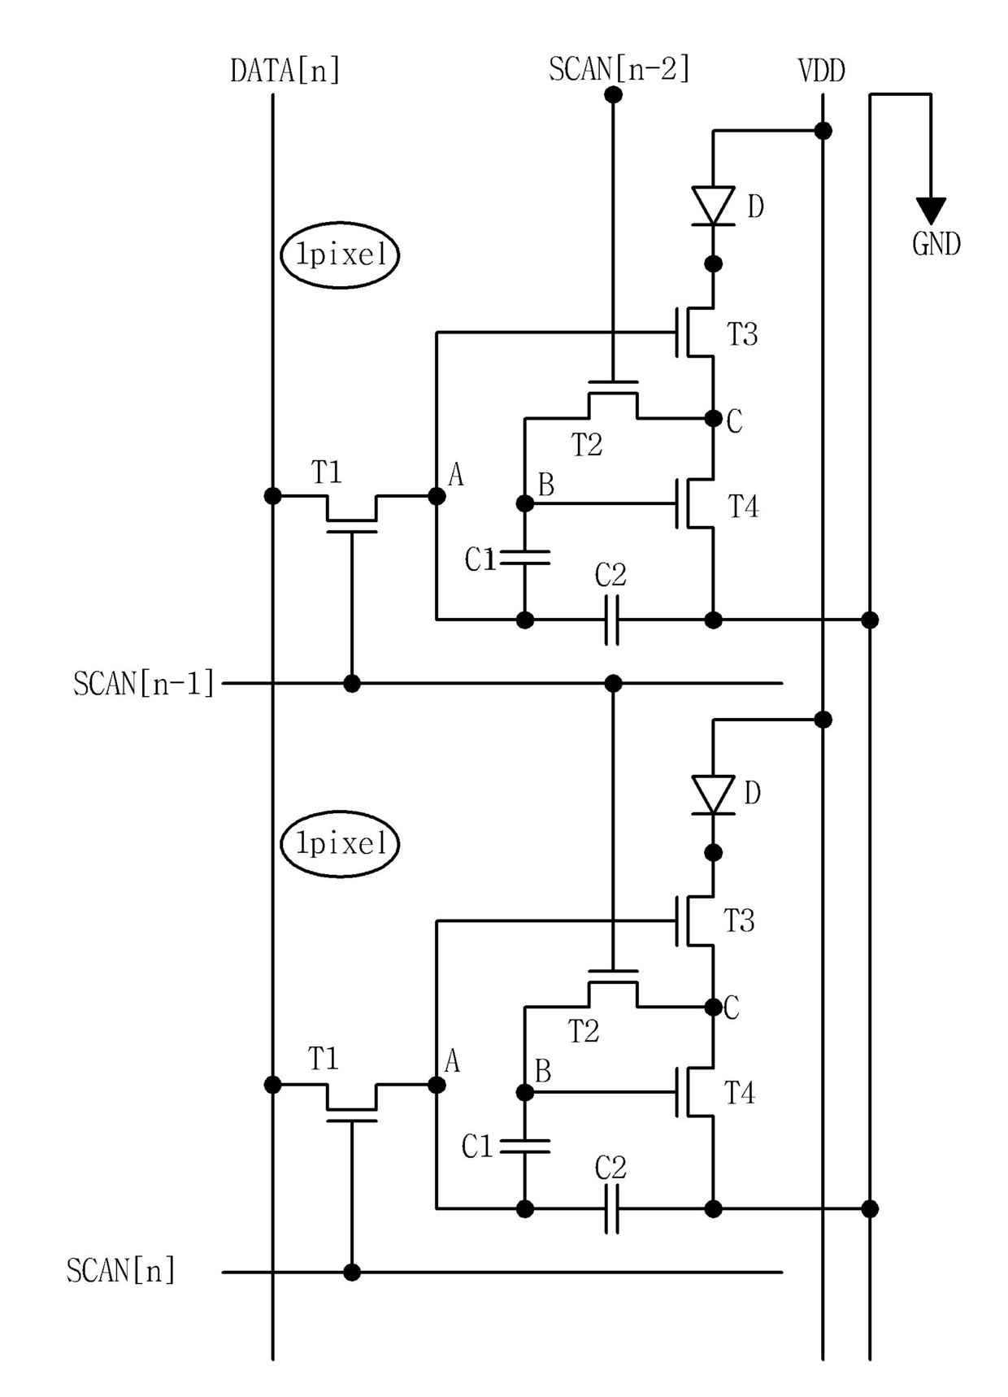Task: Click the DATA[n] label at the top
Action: [285, 71]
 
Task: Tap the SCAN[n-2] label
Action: [619, 69]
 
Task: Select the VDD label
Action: [822, 72]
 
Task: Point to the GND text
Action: [936, 244]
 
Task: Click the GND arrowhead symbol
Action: [931, 211]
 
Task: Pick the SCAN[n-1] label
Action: [144, 684]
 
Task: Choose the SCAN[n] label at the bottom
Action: [121, 1270]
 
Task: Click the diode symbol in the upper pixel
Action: [713, 206]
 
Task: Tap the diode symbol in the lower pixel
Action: [713, 794]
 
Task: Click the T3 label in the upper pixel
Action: [742, 334]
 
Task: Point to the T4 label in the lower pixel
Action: [740, 1094]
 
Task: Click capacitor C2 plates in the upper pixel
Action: [612, 620]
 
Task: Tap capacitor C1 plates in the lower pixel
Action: [525, 1147]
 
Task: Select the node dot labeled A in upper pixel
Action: [437, 496]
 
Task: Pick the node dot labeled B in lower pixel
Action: [525, 1092]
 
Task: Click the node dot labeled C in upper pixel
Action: [713, 419]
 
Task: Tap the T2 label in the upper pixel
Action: [586, 446]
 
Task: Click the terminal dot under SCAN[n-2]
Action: [614, 95]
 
